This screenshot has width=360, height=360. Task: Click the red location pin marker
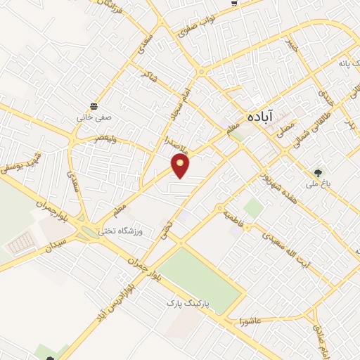point(181,166)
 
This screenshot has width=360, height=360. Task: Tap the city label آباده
point(259,117)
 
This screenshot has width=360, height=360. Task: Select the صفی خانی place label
point(91,118)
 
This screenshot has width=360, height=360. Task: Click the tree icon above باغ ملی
point(319,172)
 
